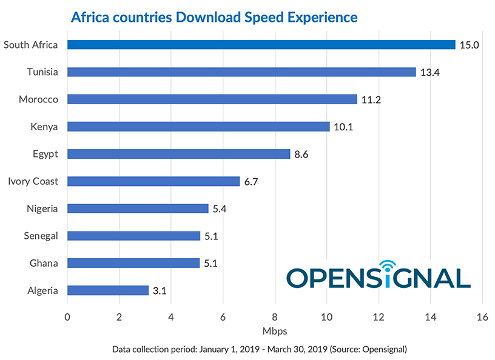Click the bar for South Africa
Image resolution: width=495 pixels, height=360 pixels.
(261, 45)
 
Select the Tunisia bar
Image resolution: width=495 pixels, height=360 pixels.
(241, 72)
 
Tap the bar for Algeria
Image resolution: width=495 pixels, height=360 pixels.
(108, 290)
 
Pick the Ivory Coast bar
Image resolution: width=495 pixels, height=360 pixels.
(153, 181)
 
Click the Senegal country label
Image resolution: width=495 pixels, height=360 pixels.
(41, 236)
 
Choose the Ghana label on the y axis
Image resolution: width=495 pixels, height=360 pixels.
(44, 263)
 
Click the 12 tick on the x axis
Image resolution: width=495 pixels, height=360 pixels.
(379, 316)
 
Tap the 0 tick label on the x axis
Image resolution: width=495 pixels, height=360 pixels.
(67, 316)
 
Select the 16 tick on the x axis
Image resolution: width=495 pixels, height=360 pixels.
(482, 316)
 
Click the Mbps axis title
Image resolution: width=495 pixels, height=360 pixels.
(275, 332)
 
